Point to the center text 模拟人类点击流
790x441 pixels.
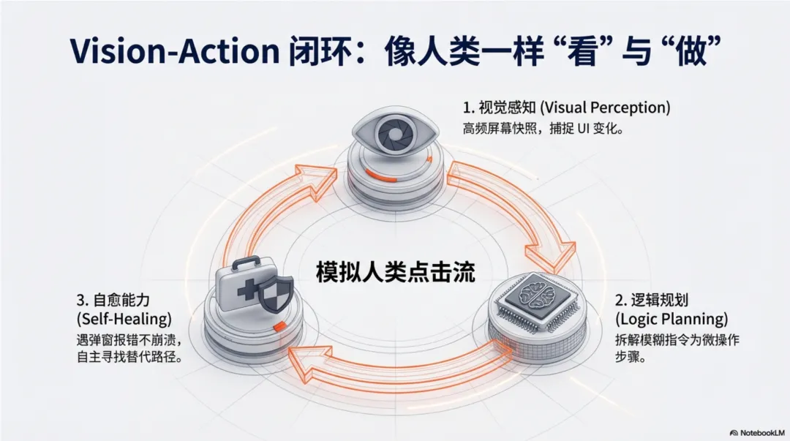[395, 273]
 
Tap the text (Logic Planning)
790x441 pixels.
[671, 319]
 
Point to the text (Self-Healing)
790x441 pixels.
[124, 320]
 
